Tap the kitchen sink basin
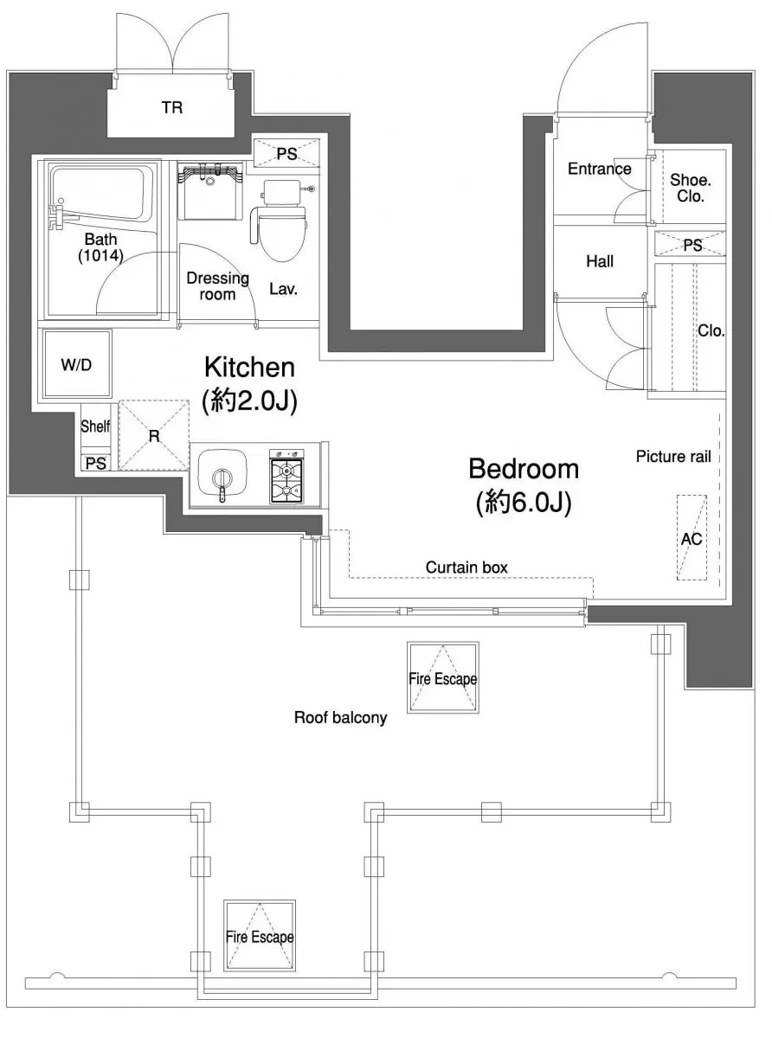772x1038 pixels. (x=222, y=475)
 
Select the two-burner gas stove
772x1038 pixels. (x=286, y=477)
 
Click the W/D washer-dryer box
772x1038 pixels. (x=77, y=364)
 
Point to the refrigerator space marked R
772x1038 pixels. (x=154, y=435)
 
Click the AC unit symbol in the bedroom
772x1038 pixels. (x=692, y=538)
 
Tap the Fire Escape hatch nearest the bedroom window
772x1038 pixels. (x=442, y=677)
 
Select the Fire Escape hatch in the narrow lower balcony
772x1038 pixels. (x=260, y=935)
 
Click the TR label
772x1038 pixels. (x=172, y=107)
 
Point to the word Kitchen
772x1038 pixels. (x=249, y=368)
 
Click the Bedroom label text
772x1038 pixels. (x=524, y=469)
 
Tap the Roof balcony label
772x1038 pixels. (x=340, y=717)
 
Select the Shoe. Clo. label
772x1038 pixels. (x=691, y=188)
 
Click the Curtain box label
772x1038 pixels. (x=466, y=567)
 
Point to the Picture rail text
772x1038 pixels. (x=673, y=457)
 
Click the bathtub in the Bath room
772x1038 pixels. (x=101, y=196)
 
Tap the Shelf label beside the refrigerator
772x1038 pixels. (x=95, y=426)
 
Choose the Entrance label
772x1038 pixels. (x=599, y=169)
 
